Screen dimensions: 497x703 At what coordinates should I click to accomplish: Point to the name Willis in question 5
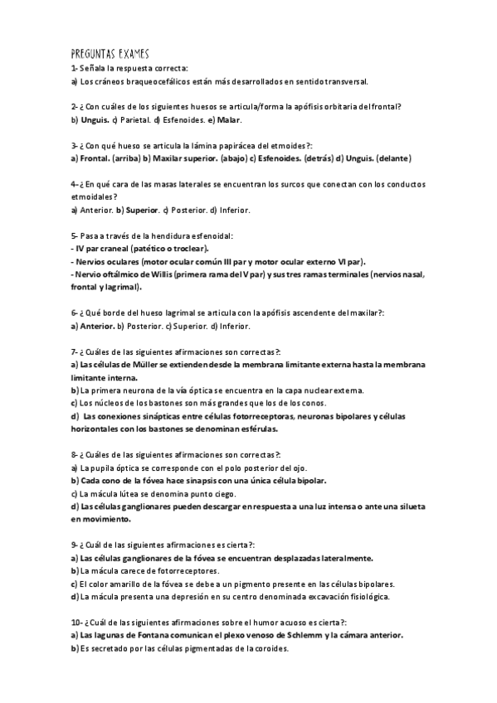click(149, 274)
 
